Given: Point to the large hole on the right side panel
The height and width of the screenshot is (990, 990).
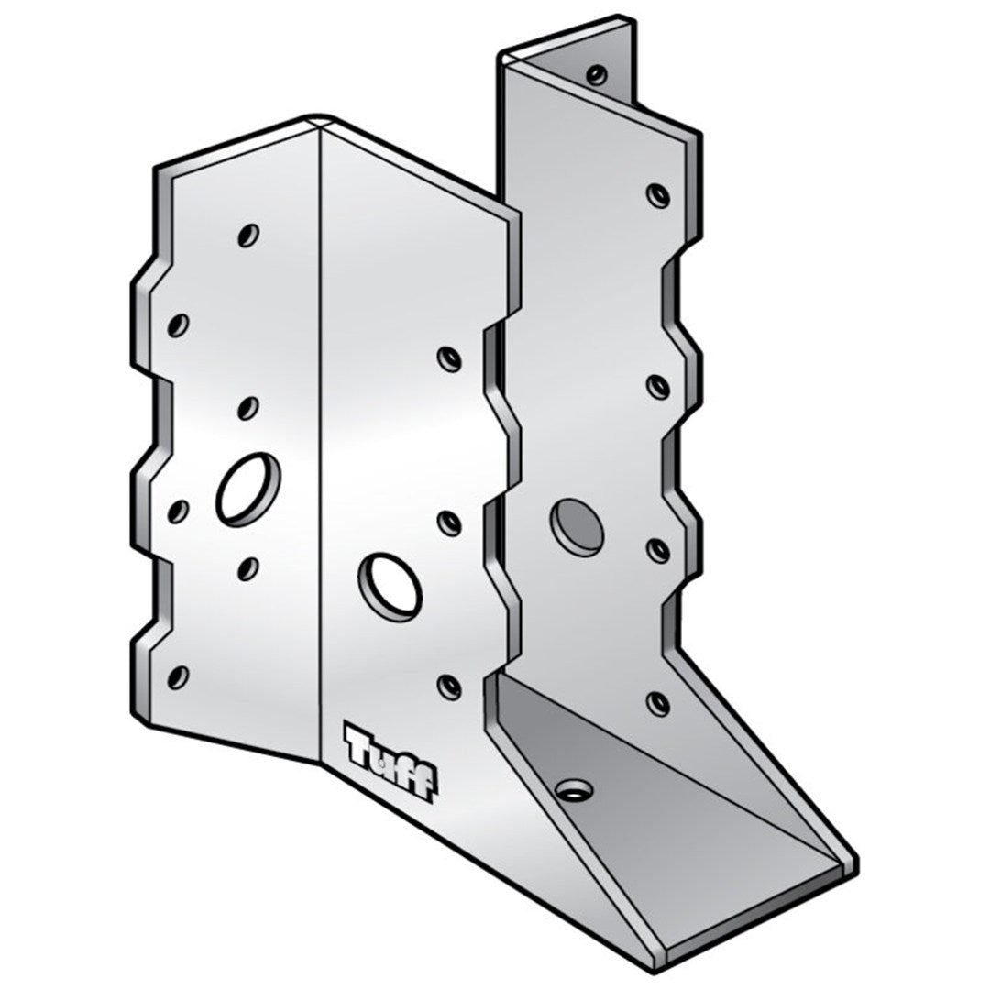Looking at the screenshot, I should click(577, 526).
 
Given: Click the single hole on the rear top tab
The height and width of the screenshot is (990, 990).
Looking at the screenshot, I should click(597, 74).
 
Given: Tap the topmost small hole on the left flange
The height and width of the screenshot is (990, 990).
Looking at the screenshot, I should click(247, 236).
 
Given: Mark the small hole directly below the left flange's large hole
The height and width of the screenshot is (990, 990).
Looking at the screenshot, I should click(247, 569).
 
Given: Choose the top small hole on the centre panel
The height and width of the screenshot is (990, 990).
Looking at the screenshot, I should click(448, 358).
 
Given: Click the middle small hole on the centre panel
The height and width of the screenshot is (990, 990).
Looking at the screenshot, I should click(449, 522).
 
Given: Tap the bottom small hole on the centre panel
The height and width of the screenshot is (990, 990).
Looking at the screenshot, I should click(448, 685).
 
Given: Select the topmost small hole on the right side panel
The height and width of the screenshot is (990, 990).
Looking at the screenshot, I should click(657, 195).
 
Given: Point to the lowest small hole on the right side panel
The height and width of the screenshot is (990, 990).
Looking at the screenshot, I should click(657, 702).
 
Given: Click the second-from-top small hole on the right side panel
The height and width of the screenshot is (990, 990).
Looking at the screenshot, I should click(657, 386).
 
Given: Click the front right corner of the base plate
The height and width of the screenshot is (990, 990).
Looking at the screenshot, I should click(854, 865).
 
